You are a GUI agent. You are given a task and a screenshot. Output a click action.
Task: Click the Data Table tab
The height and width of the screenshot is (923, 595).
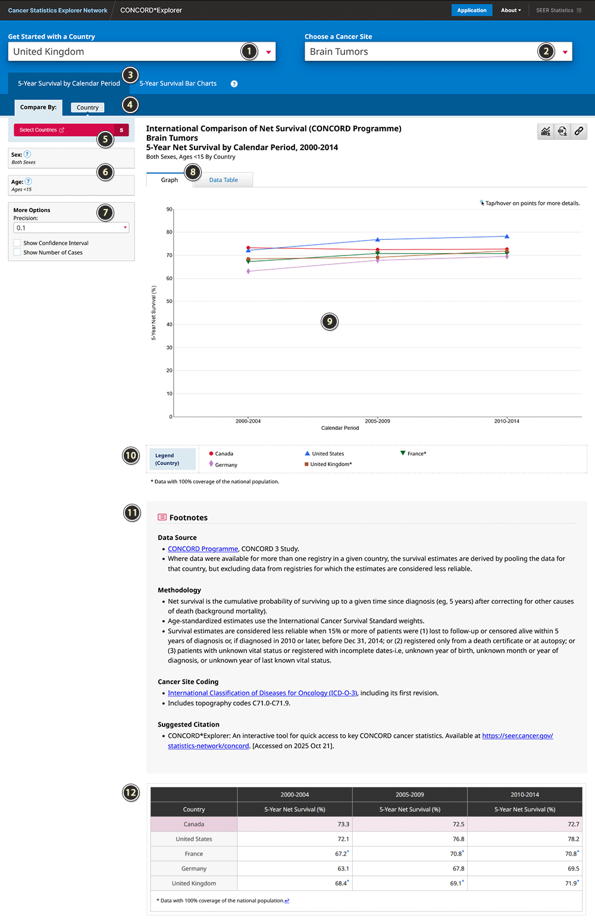(x=223, y=180)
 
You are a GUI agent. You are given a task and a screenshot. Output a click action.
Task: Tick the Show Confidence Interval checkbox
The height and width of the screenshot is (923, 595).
(x=17, y=243)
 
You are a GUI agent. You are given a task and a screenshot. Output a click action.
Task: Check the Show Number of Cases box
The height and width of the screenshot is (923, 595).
(x=17, y=252)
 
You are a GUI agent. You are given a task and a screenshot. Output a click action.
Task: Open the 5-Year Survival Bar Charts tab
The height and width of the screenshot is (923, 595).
(x=178, y=83)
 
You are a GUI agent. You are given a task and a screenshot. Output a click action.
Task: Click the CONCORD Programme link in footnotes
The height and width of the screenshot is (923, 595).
(x=203, y=549)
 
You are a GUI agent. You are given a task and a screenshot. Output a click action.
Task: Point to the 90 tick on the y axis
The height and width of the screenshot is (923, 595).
(x=170, y=210)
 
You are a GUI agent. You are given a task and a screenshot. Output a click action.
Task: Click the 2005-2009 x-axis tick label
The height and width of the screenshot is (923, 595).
(x=377, y=421)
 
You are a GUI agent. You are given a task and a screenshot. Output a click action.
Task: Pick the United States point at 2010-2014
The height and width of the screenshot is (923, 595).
(x=507, y=236)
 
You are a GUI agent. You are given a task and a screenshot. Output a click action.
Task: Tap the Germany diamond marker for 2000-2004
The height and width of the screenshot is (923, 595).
(x=248, y=272)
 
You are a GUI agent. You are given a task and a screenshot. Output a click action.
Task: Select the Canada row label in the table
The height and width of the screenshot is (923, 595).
(x=194, y=824)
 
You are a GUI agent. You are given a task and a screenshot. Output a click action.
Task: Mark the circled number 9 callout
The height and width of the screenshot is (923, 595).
(x=330, y=322)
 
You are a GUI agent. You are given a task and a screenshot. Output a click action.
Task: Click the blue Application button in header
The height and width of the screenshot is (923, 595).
(x=472, y=10)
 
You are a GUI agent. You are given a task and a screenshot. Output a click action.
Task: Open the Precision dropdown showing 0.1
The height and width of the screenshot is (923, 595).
(x=71, y=227)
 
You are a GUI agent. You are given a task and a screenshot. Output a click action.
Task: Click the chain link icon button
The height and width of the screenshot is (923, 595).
(x=578, y=131)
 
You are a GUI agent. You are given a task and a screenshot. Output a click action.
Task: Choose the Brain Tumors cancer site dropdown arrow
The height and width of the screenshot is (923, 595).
(x=565, y=52)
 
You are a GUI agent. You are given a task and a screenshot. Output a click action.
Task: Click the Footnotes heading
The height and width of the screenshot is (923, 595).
(x=188, y=517)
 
